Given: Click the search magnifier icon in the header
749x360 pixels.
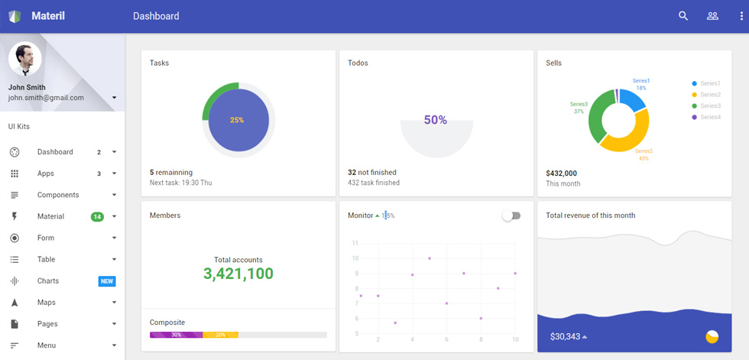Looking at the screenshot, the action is coord(683,16).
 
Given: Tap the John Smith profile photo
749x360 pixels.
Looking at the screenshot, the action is coord(24,59).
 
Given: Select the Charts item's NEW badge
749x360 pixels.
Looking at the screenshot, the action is coord(107,281).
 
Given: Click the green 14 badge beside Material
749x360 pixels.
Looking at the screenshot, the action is coord(98,217).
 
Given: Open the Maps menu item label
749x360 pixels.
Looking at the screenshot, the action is coord(47,302).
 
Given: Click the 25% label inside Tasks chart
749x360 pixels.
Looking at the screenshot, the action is coord(237,120).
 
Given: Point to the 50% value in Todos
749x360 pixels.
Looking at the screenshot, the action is coord(436,120).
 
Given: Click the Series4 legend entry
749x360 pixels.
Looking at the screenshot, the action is coord(706,117).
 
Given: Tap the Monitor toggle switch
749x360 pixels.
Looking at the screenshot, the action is coord(511,216).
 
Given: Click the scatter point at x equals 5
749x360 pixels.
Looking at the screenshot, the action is coord(430,258).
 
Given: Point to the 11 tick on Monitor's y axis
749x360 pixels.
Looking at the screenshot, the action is coord(355,243).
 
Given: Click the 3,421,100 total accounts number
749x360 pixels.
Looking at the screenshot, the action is coord(238,274).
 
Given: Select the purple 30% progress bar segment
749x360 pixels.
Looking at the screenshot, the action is coord(177,335).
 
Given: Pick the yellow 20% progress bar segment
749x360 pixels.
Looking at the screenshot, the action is coord(221,335).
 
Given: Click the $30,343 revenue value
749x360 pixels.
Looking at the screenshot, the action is coord(565,336).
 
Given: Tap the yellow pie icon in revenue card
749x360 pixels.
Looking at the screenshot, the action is coord(712,336).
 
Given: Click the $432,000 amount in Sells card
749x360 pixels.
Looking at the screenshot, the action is coord(561,174).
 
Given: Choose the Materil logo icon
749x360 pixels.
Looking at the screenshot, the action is coord(15,16).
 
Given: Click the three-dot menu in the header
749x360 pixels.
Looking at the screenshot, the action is coord(741,16).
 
